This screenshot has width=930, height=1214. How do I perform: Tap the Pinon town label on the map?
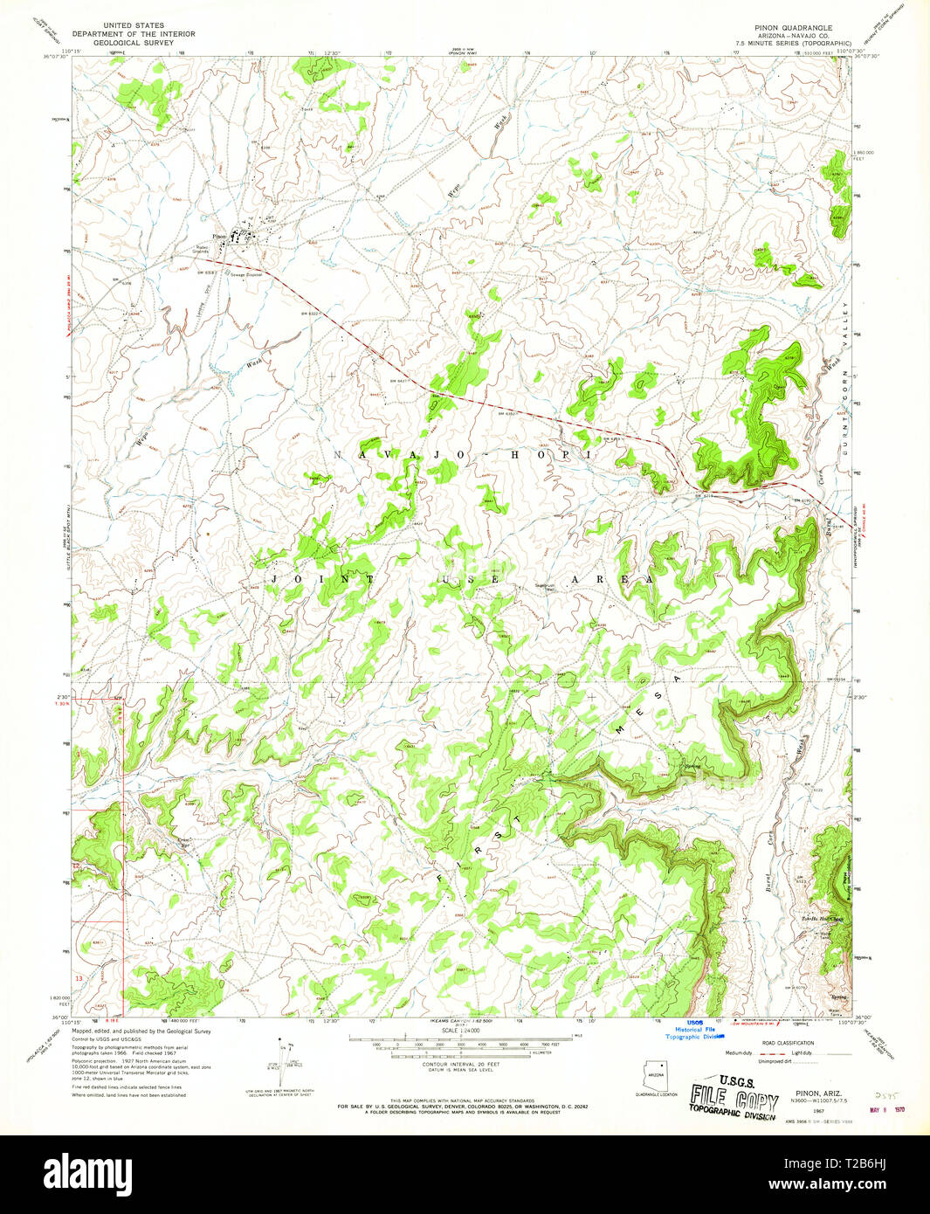[x=219, y=236]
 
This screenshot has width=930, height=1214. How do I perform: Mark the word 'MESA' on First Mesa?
[x=643, y=705]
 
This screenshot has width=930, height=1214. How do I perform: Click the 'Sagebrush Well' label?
[x=546, y=587]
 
